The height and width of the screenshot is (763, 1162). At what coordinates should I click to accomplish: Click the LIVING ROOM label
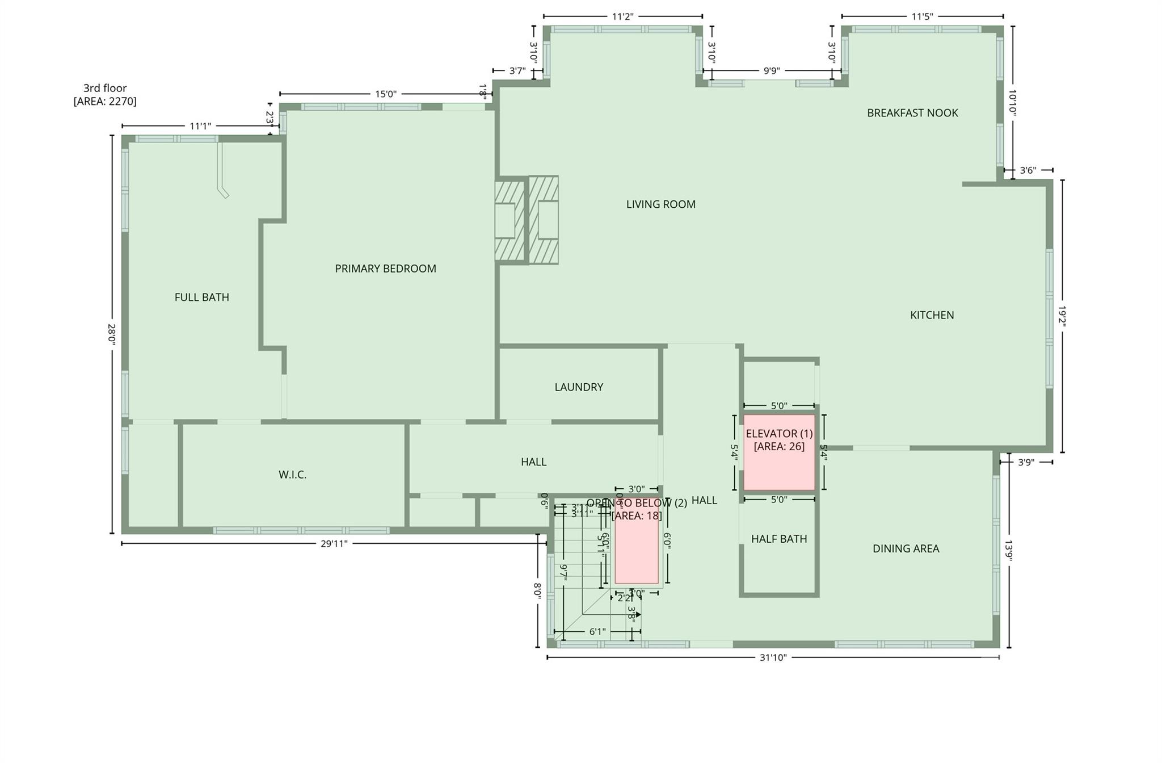(x=660, y=204)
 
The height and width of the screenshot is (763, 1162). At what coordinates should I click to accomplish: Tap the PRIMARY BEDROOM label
(x=385, y=269)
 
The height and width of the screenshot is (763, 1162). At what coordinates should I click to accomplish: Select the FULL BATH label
(x=201, y=297)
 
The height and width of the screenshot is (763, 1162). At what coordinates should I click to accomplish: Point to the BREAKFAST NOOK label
(x=912, y=113)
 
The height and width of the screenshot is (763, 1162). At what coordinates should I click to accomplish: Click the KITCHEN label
(x=932, y=315)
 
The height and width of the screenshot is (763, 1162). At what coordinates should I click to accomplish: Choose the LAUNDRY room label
(x=578, y=387)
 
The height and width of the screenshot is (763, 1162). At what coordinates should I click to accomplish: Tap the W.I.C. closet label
(x=292, y=475)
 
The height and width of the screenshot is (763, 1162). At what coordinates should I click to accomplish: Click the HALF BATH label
(x=778, y=539)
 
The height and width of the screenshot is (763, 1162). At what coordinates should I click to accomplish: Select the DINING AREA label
(x=906, y=548)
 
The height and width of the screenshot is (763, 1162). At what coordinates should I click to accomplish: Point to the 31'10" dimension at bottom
(x=773, y=657)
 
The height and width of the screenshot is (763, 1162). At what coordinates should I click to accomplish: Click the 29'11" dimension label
(x=334, y=543)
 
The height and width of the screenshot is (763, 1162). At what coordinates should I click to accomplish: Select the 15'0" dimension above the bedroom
(x=385, y=94)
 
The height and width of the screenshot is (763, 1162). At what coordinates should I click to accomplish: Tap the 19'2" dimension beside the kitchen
(x=1062, y=316)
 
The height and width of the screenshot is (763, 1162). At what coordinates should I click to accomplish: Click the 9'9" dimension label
(x=771, y=71)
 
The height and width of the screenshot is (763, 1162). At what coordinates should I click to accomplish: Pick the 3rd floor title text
(x=105, y=88)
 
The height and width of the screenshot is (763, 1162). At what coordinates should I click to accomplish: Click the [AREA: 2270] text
(x=105, y=102)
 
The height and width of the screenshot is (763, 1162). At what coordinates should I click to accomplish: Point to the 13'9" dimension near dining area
(x=1009, y=550)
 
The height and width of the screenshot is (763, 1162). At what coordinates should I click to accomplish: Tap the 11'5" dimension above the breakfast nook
(x=921, y=16)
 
